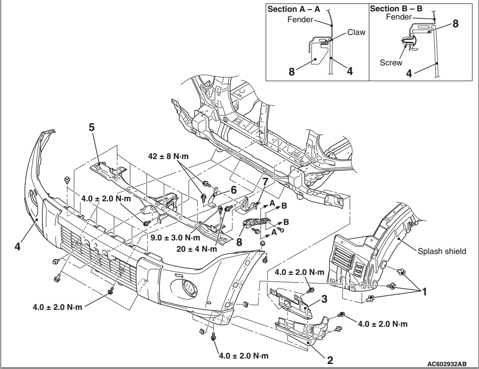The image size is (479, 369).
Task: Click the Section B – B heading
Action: [396, 9]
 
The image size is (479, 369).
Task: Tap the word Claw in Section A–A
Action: [356, 33]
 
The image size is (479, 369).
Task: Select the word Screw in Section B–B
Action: [391, 63]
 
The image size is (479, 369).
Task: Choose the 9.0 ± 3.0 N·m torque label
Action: [175, 237]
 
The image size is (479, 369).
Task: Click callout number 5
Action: [91, 127]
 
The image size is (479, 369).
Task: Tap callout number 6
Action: [233, 190]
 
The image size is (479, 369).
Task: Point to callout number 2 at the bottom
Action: [330, 360]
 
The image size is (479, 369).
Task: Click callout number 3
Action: [324, 299]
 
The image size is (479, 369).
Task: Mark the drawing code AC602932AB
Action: [447, 364]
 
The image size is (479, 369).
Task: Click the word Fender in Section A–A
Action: [300, 20]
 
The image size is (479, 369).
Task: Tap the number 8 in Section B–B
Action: [455, 24]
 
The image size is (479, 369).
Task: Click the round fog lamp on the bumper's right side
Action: [187, 287]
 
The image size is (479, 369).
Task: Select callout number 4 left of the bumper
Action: [17, 246]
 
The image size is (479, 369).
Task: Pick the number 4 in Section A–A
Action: [349, 71]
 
